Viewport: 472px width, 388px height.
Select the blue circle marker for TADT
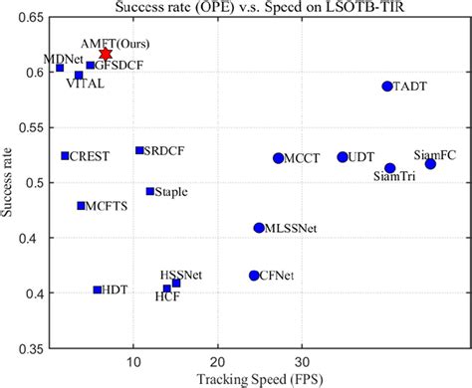coord(387,87)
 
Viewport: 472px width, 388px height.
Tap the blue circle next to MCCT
coord(279,158)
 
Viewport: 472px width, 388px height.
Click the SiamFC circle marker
coord(430,163)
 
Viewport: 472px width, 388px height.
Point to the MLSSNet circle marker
coord(259,228)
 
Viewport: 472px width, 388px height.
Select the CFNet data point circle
coord(254,275)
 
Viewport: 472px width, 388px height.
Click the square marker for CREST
coord(65,156)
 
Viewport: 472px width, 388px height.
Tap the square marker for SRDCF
coord(139,150)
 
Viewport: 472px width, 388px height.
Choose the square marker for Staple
coord(150,191)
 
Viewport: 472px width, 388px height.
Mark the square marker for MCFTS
coord(82,206)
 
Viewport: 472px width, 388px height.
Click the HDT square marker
coord(98,290)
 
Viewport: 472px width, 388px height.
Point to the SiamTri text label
coord(394,177)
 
